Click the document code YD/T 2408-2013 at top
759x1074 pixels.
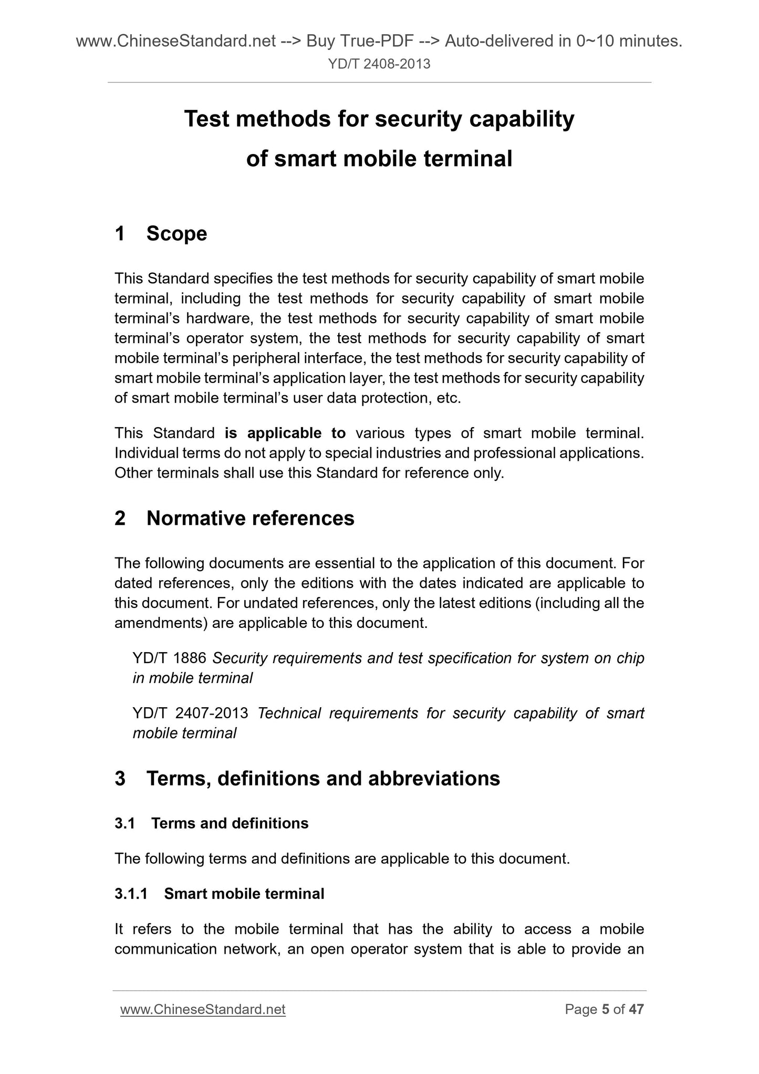pos(379,64)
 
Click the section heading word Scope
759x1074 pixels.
pos(176,234)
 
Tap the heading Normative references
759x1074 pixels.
pos(250,519)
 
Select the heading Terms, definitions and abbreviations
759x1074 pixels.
pos(323,779)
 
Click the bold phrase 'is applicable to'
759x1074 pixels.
pos(285,433)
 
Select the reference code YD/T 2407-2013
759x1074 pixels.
pos(190,714)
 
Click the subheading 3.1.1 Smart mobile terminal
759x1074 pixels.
pos(220,894)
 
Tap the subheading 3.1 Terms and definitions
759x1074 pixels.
pos(212,823)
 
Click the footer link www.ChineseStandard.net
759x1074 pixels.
pos(203,1009)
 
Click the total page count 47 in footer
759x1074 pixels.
pos(636,1009)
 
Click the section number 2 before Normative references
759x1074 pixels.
pos(120,519)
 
